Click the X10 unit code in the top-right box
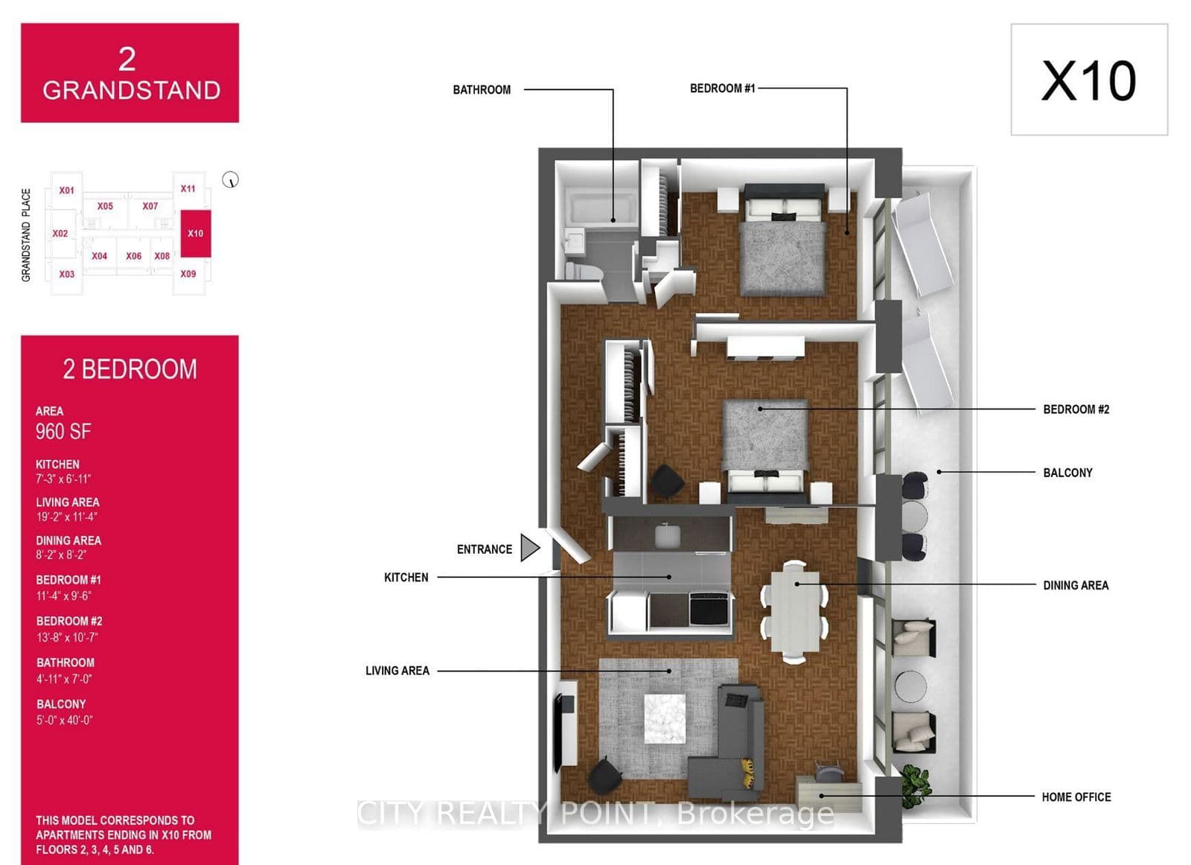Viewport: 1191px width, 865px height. (x=1088, y=80)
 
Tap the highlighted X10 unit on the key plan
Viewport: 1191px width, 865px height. (x=196, y=233)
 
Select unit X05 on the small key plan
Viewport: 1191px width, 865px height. (x=105, y=206)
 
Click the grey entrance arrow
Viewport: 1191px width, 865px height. (x=529, y=548)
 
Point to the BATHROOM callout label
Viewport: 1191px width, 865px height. (x=482, y=90)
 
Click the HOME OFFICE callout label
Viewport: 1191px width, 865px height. (x=1076, y=797)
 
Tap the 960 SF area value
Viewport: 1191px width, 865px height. (x=63, y=432)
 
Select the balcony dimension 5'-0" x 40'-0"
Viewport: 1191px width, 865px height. (x=65, y=720)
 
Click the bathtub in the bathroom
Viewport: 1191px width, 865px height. (x=601, y=209)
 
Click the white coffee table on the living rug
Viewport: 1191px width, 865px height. (x=665, y=718)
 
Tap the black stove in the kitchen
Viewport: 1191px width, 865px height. (x=709, y=607)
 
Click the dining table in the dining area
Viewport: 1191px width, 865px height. (x=794, y=610)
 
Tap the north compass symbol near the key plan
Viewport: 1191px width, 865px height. (x=231, y=180)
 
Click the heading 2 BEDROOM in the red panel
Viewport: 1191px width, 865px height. (x=130, y=369)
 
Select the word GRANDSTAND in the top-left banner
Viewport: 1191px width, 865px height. (x=131, y=91)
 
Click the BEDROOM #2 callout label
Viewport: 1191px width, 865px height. (x=1076, y=409)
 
